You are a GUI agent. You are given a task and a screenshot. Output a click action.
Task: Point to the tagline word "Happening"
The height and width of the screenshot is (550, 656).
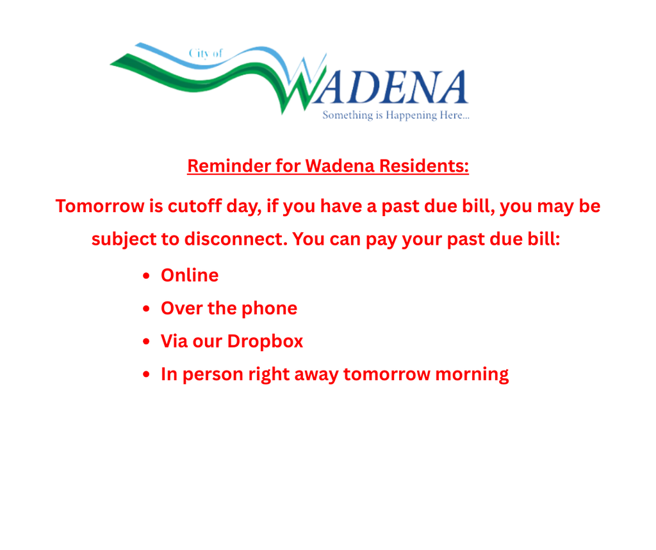coord(406,116)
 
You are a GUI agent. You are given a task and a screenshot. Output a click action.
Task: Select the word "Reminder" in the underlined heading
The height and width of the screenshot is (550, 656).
coord(229,166)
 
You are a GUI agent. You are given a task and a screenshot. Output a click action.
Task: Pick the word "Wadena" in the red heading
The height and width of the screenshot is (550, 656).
coord(340,166)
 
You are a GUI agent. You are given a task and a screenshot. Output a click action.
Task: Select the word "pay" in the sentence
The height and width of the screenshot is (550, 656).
coord(382,239)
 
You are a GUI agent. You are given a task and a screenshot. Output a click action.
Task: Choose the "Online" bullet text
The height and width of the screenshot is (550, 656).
coord(190,276)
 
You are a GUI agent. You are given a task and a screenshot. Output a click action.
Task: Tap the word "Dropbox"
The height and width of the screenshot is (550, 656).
coord(265,341)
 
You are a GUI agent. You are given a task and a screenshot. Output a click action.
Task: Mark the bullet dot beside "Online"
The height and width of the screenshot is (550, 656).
coord(147,276)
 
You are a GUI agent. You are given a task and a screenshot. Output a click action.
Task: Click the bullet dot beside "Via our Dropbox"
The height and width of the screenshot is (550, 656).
coord(147,342)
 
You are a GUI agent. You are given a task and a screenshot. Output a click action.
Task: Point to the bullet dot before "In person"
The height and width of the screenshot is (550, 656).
coord(147,374)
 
